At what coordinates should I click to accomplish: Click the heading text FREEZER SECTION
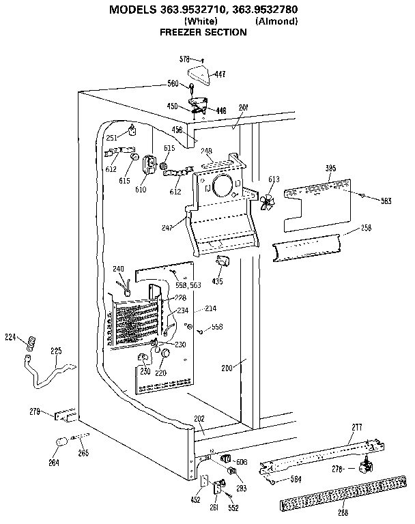coord(203,32)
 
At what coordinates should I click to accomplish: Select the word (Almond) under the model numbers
coord(276,22)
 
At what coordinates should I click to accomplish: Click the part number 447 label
coord(220,74)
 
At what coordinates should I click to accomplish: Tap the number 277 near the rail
coord(356,427)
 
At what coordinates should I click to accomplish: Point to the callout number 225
coord(56,351)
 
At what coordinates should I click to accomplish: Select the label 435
coord(218,280)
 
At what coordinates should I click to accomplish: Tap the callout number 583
coord(386,200)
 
